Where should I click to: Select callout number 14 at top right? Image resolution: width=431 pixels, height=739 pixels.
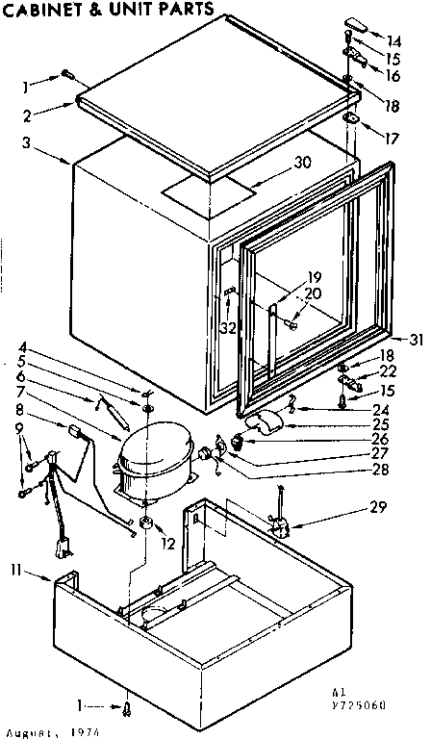coord(395,41)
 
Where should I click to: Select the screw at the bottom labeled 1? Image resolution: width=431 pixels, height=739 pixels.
coord(128,709)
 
